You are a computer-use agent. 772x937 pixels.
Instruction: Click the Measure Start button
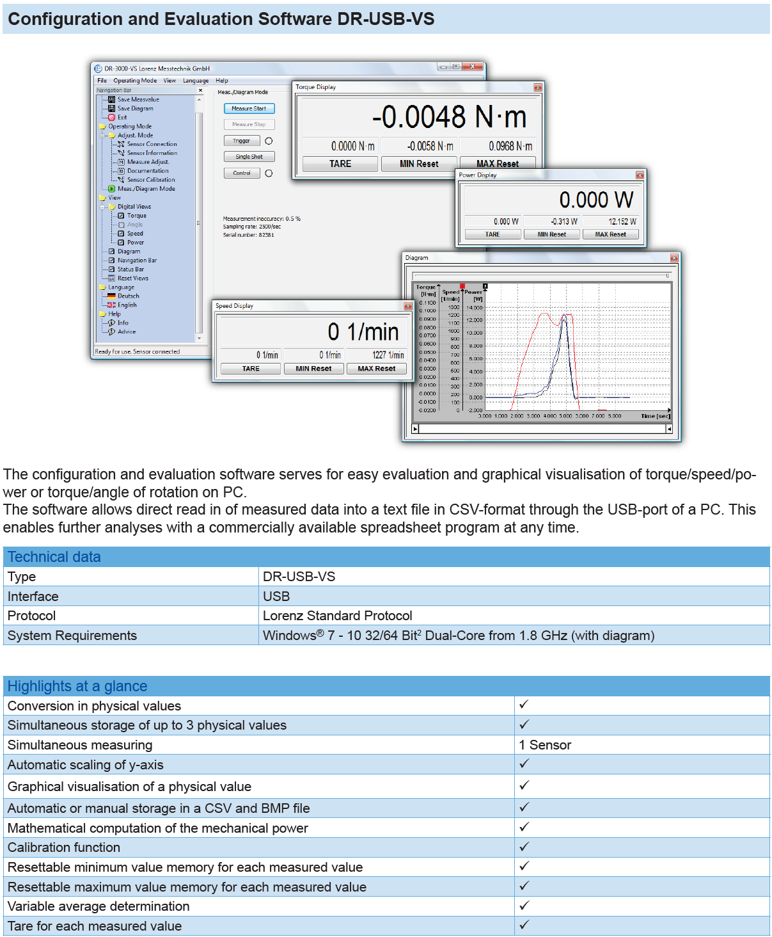pyautogui.click(x=249, y=109)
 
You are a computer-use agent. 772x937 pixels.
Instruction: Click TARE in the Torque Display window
pyautogui.click(x=340, y=164)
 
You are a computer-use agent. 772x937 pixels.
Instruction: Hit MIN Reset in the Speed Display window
pyautogui.click(x=313, y=369)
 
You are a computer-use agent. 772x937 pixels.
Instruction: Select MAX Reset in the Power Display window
pyautogui.click(x=610, y=234)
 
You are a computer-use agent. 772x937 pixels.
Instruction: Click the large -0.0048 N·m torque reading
pyautogui.click(x=449, y=117)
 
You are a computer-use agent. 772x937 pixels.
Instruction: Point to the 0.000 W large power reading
pyautogui.click(x=596, y=200)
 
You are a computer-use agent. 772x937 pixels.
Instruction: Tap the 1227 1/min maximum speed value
pyautogui.click(x=388, y=355)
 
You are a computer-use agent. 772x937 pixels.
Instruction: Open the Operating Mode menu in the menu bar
pyautogui.click(x=135, y=81)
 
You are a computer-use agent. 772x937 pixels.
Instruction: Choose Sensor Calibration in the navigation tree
pyautogui.click(x=150, y=180)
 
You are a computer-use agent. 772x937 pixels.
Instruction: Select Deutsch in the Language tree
pyautogui.click(x=128, y=296)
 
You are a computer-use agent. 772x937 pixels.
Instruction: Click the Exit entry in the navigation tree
pyautogui.click(x=122, y=118)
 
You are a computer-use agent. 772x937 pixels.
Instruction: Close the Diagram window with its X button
pyautogui.click(x=674, y=258)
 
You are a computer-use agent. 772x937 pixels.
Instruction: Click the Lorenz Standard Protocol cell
pyautogui.click(x=337, y=616)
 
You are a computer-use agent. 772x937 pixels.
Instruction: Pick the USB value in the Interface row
pyautogui.click(x=276, y=597)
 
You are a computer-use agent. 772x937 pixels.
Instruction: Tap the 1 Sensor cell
pyautogui.click(x=545, y=745)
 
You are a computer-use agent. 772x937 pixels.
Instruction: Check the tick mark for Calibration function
pyautogui.click(x=524, y=846)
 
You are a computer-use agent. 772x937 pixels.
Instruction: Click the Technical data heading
pyautogui.click(x=54, y=557)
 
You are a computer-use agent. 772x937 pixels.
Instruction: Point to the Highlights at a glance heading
pyautogui.click(x=77, y=686)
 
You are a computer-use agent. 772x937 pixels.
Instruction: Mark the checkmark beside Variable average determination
pyautogui.click(x=524, y=905)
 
